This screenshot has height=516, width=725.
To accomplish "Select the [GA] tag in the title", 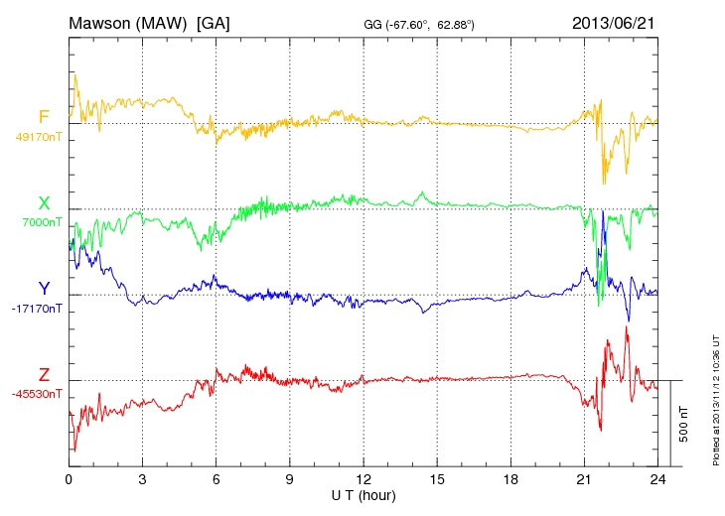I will tap(214, 22).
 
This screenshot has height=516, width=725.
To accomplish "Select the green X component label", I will tap(44, 203).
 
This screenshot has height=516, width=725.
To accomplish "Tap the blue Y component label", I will tap(44, 289).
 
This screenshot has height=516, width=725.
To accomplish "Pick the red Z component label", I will tap(44, 374).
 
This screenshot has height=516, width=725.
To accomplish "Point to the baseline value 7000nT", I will tap(42, 222).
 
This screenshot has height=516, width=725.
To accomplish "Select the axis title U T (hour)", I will tap(363, 493).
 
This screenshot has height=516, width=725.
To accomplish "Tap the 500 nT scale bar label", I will tap(684, 423).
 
